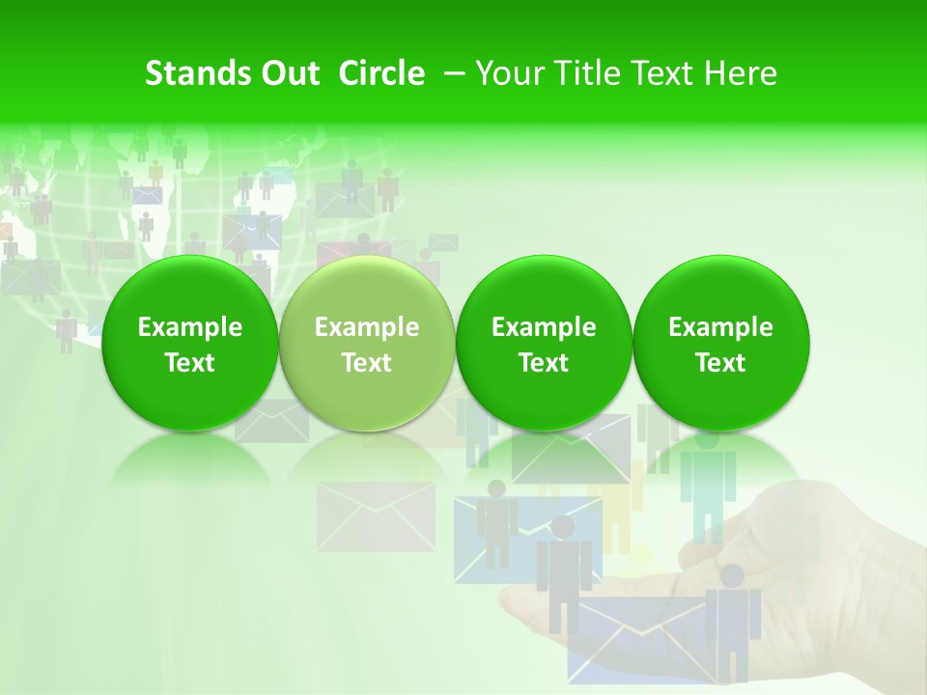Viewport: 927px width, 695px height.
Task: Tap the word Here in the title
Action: (742, 73)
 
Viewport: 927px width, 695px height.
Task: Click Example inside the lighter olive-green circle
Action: (367, 327)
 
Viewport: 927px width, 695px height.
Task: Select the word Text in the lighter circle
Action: (367, 363)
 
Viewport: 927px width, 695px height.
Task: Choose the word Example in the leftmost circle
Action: (190, 327)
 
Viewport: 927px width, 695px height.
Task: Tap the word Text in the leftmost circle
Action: (190, 363)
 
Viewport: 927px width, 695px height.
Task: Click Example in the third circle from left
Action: (544, 327)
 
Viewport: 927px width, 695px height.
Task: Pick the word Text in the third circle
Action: (544, 363)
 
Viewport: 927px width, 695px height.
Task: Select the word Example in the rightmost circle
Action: (721, 327)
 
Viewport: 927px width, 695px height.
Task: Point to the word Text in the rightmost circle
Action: (721, 363)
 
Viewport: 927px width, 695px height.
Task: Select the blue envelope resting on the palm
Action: (637, 637)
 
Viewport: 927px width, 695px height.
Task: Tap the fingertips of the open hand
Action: (512, 603)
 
